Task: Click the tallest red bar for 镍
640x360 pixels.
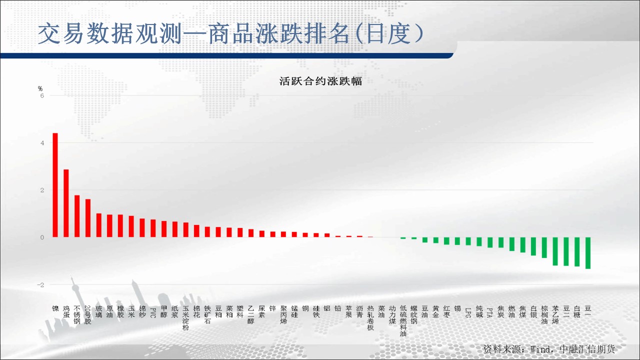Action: coord(55,185)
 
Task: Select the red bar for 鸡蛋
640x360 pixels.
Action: coord(66,203)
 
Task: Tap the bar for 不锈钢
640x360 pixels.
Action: coord(77,216)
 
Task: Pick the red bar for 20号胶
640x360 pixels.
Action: coord(87,218)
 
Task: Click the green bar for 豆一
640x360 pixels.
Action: coord(587,253)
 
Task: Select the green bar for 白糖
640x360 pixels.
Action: coord(577,251)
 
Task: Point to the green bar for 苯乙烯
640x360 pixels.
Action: coord(555,251)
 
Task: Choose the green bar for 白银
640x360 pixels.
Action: coord(533,246)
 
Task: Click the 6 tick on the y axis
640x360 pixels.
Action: coord(42,95)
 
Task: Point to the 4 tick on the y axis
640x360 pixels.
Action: coord(42,143)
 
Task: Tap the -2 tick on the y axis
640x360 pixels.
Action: coord(40,285)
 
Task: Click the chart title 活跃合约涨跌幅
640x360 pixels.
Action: coord(320,81)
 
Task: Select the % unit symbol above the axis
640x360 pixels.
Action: coord(40,88)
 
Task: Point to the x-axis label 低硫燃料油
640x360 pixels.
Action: coord(403,321)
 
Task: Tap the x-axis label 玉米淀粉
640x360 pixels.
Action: coord(185,317)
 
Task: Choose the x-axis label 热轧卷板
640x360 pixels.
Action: coord(370,317)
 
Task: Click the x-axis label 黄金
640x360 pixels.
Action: coord(435,311)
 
